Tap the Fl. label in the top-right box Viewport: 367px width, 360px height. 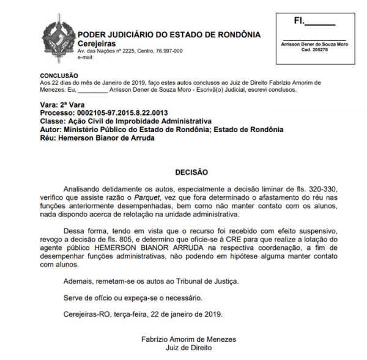[300, 20]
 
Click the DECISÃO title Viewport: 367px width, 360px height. [191, 172]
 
